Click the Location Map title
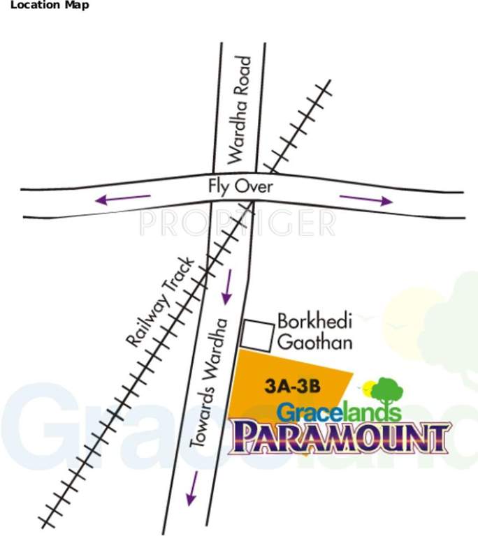(45, 6)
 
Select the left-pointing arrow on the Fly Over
(123, 199)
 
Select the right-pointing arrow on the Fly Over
(366, 198)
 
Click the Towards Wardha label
(208, 382)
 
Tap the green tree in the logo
(386, 390)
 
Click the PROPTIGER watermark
(238, 223)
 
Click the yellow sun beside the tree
(365, 386)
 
